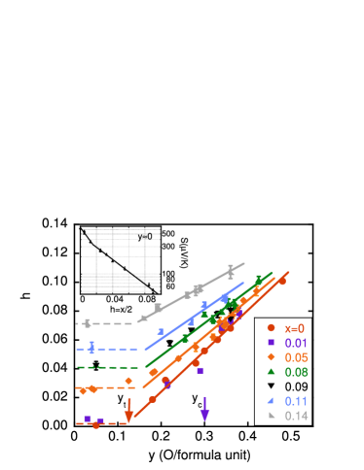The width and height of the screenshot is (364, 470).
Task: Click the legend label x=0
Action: pyautogui.click(x=296, y=328)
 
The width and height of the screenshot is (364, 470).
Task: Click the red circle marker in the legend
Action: pyautogui.click(x=271, y=328)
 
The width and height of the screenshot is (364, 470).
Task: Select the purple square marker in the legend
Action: pyautogui.click(x=271, y=343)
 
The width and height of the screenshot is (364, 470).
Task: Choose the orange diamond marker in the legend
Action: pyautogui.click(x=271, y=357)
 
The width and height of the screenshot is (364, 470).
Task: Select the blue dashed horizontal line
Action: pyautogui.click(x=107, y=348)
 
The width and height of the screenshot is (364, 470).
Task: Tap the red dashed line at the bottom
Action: pyautogui.click(x=102, y=423)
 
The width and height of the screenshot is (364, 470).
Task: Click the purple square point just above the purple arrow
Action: pyautogui.click(x=200, y=370)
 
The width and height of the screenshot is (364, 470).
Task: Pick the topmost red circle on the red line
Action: pyautogui.click(x=282, y=281)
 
